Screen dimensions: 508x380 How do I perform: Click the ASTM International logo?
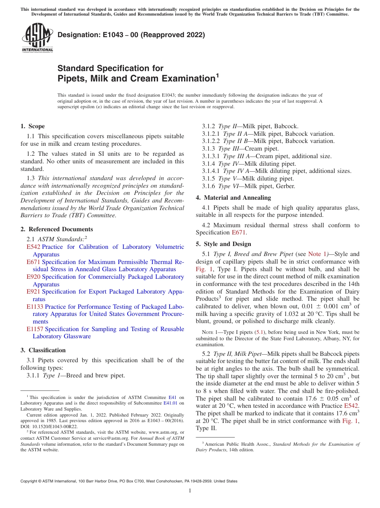click(37, 38)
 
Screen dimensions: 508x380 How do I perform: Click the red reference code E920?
click(33, 277)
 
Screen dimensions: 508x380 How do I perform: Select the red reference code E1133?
click(35, 307)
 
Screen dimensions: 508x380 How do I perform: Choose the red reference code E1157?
click(35, 329)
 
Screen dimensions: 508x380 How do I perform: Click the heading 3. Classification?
click(43, 350)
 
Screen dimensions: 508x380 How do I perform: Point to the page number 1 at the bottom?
click(190, 491)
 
